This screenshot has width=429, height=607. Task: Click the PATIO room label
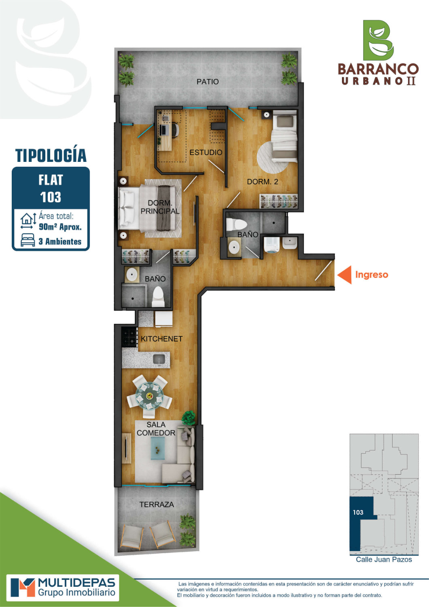point(208,82)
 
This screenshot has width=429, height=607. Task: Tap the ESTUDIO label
point(206,152)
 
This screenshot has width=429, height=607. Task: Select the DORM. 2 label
point(262,182)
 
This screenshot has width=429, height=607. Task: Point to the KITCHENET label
point(161,339)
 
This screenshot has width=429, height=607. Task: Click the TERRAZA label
point(157,504)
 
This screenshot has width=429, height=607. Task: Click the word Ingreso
point(372,275)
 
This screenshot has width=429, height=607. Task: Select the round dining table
point(149,396)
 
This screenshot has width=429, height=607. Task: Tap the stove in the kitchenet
point(130,337)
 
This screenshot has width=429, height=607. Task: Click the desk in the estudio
point(165,130)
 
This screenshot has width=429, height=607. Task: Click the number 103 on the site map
point(358,512)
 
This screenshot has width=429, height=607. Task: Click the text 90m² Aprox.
point(60,227)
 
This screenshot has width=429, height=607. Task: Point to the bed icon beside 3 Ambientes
point(28,240)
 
